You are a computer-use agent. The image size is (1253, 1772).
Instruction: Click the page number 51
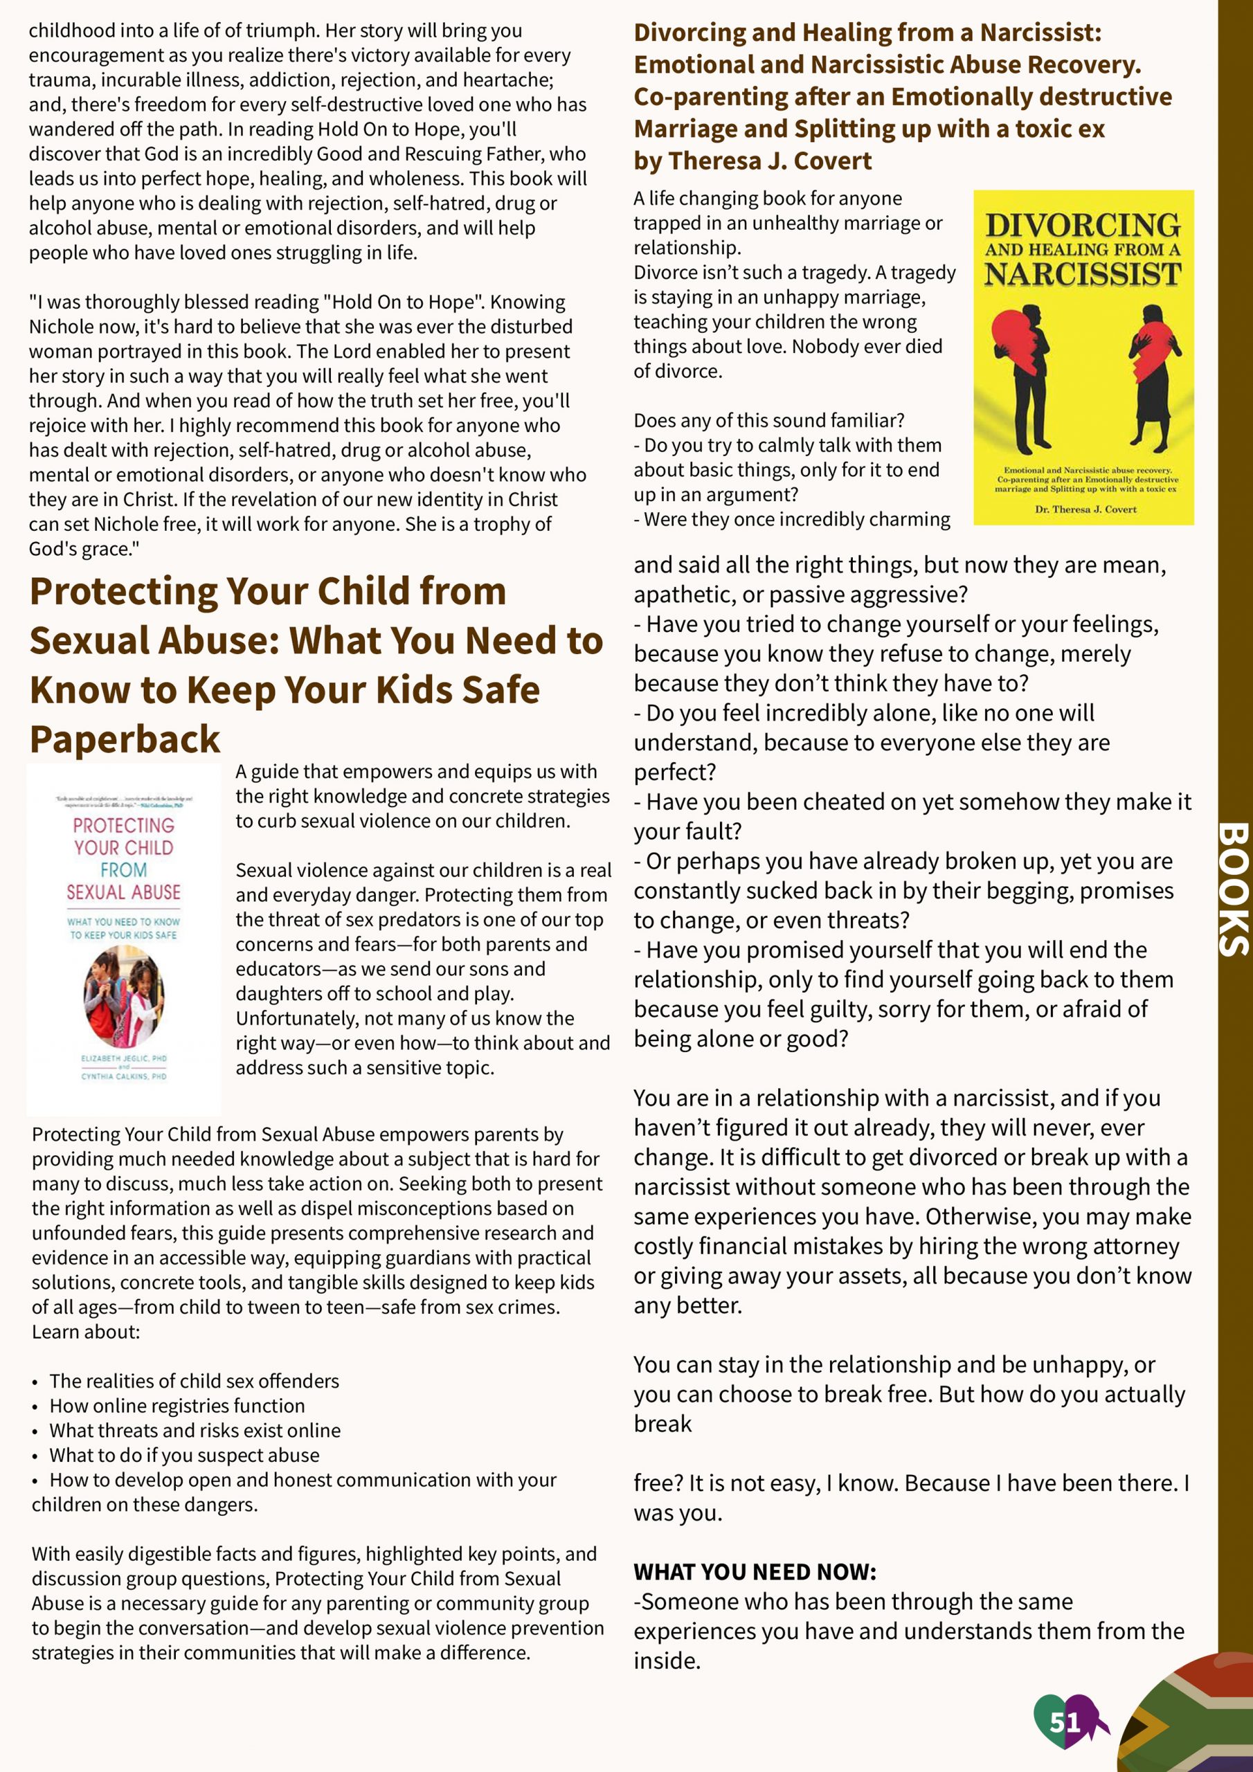pyautogui.click(x=1065, y=1722)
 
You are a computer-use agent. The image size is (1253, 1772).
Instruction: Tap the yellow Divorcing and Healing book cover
pyautogui.click(x=1083, y=357)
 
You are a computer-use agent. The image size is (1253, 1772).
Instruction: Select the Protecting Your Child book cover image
pyautogui.click(x=123, y=939)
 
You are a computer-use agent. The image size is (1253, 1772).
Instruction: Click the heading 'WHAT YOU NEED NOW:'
pyautogui.click(x=755, y=1571)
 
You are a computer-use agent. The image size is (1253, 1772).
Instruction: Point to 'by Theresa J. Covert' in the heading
pyautogui.click(x=752, y=161)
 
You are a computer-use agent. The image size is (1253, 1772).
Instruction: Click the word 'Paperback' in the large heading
pyautogui.click(x=125, y=739)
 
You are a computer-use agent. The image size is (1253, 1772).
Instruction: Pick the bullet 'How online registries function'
pyautogui.click(x=177, y=1405)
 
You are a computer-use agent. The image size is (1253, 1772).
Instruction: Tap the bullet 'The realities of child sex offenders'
pyautogui.click(x=194, y=1381)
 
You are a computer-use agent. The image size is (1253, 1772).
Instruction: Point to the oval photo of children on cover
pyautogui.click(x=123, y=995)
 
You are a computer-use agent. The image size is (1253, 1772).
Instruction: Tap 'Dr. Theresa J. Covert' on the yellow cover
pyautogui.click(x=1085, y=509)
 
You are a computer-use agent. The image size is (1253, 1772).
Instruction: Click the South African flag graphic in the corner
pyautogui.click(x=1189, y=1717)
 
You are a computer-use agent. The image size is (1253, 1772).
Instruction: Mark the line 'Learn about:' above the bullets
pyautogui.click(x=86, y=1332)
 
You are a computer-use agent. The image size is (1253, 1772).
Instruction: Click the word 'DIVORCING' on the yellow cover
pyautogui.click(x=1083, y=226)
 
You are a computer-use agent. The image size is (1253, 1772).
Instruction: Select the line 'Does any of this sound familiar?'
pyautogui.click(x=768, y=421)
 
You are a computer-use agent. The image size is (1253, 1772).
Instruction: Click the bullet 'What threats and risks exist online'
pyautogui.click(x=195, y=1430)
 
